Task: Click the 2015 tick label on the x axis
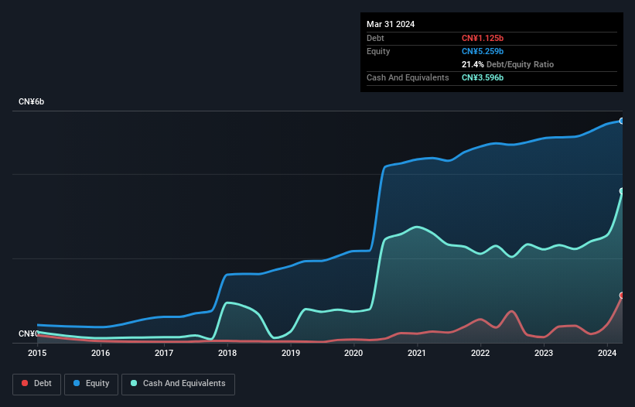36,353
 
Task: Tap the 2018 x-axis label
227,353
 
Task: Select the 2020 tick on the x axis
353,353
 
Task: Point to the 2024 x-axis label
607,353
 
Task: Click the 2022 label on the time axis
480,353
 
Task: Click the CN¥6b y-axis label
32,102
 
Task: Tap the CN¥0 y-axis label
29,333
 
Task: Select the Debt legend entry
38,383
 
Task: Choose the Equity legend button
91,383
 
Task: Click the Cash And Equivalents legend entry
178,383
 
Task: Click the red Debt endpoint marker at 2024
622,296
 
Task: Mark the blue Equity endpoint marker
622,121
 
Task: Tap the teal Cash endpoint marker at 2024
622,191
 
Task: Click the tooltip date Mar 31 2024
391,24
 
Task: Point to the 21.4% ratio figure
473,64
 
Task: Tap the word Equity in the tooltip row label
378,51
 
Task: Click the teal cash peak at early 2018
227,303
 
